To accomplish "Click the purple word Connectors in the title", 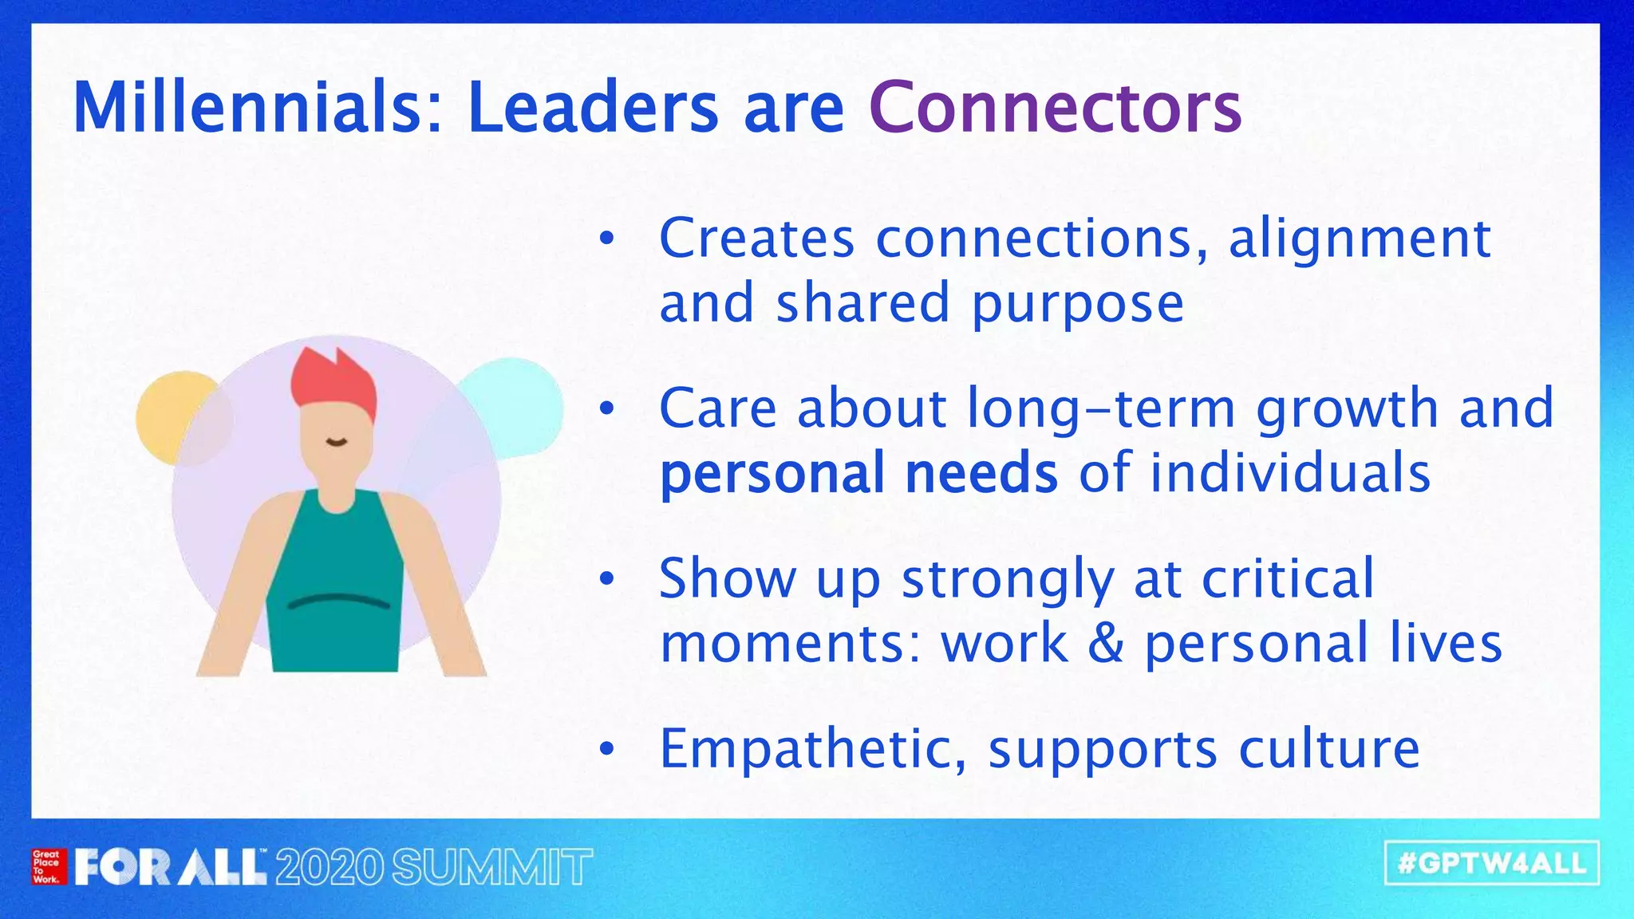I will (1055, 108).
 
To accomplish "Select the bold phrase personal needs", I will (858, 473).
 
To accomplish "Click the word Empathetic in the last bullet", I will (812, 749).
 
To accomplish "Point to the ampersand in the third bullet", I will (1105, 643).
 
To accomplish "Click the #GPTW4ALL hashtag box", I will (1492, 863).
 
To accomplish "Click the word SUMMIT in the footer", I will (492, 868).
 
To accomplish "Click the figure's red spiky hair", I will (334, 383).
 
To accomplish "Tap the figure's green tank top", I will (335, 590).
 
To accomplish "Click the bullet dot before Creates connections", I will (607, 239).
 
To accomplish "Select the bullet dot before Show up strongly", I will (607, 579).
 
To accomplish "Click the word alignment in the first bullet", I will (1359, 239).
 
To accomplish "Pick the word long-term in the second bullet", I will (1102, 408).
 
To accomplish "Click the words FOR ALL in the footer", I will (170, 868).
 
